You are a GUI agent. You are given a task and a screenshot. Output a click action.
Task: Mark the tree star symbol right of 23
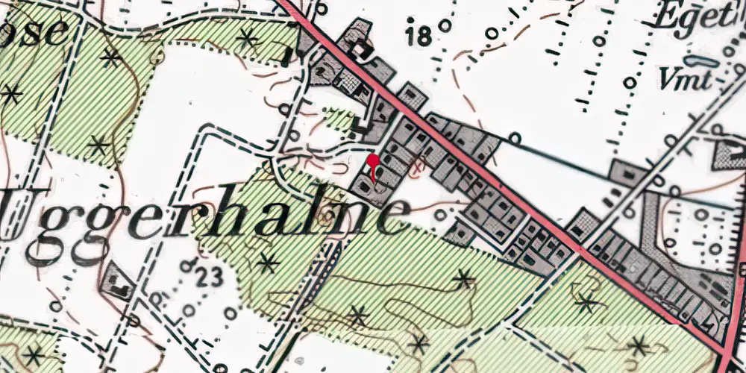pos(267,263)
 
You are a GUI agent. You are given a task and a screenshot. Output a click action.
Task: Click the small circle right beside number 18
pos(445,25)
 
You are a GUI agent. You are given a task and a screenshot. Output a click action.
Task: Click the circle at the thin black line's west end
pos(515,138)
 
